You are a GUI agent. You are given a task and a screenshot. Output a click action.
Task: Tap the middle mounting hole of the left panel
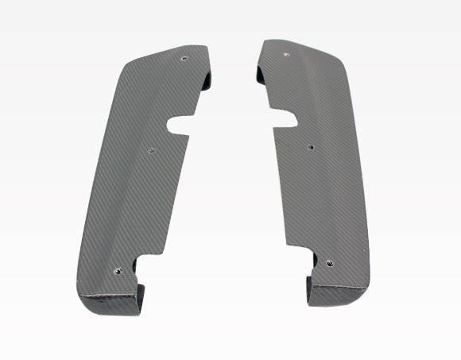point(152,148)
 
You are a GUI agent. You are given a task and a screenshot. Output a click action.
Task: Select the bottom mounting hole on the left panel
point(118,270)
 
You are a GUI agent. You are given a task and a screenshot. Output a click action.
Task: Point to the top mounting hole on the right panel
point(286,56)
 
